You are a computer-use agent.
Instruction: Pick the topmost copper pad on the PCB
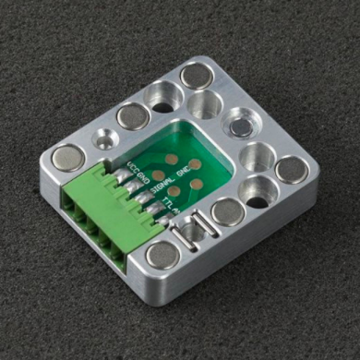(x=171, y=159)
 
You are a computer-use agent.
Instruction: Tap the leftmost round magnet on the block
(x=68, y=157)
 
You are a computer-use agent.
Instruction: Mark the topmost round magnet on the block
(x=197, y=76)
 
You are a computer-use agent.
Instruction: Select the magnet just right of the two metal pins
(x=227, y=211)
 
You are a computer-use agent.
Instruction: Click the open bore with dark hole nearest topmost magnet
(x=163, y=96)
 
